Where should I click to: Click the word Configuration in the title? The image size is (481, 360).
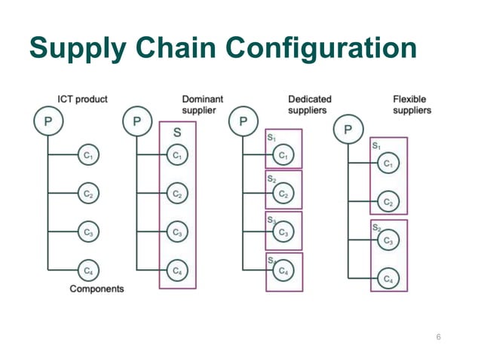(x=320, y=48)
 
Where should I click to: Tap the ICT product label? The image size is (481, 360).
(x=82, y=99)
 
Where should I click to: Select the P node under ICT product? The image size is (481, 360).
(x=47, y=121)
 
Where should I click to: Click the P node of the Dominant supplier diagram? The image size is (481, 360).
(x=136, y=121)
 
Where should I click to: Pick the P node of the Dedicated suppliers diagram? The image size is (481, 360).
(x=243, y=121)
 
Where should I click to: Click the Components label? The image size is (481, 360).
(x=97, y=288)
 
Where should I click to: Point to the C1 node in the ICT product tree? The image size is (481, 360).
(x=88, y=156)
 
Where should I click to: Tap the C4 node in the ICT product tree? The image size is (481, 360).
(x=88, y=269)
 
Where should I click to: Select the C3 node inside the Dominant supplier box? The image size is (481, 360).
(x=177, y=233)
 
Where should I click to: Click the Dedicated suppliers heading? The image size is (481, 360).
(x=309, y=105)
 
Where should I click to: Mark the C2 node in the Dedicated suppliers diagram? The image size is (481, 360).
(x=283, y=194)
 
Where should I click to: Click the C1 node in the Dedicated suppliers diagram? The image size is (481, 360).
(x=283, y=156)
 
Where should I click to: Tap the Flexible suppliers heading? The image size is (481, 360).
(x=412, y=105)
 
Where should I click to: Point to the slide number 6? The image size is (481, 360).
(x=438, y=337)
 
